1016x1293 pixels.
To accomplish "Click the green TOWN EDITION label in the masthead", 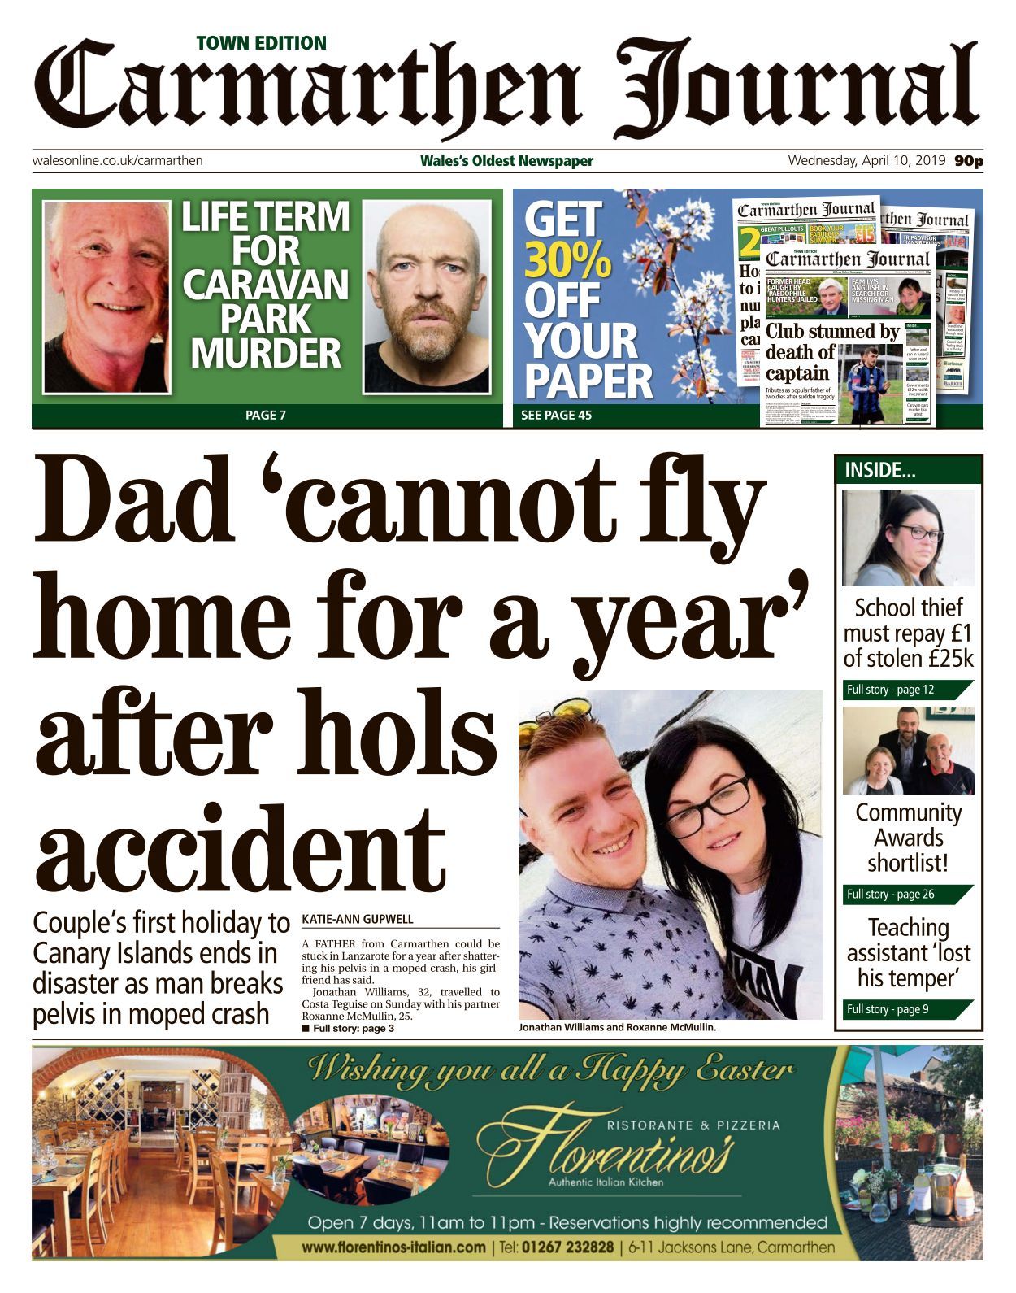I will pyautogui.click(x=261, y=43).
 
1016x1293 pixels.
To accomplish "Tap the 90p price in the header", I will pyautogui.click(x=969, y=161).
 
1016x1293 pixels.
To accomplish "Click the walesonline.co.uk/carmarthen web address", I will pyautogui.click(x=117, y=160).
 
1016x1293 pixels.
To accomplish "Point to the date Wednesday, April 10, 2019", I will pyautogui.click(x=866, y=160).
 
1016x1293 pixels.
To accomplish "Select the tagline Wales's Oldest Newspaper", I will pyautogui.click(x=506, y=161).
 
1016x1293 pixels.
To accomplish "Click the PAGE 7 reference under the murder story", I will pyautogui.click(x=266, y=416).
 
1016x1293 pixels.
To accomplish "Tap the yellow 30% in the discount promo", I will pyautogui.click(x=567, y=260).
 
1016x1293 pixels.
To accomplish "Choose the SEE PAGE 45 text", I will pyautogui.click(x=556, y=416).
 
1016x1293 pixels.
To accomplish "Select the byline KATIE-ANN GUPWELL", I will pyautogui.click(x=358, y=920).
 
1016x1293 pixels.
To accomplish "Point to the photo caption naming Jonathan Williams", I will pyautogui.click(x=617, y=1027).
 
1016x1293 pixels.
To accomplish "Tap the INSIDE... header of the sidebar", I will pyautogui.click(x=880, y=470).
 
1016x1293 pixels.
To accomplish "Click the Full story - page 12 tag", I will pyautogui.click(x=891, y=690).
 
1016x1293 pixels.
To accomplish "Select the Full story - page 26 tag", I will pyautogui.click(x=891, y=894).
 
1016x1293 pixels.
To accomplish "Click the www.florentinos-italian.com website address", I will pyautogui.click(x=393, y=1247).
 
